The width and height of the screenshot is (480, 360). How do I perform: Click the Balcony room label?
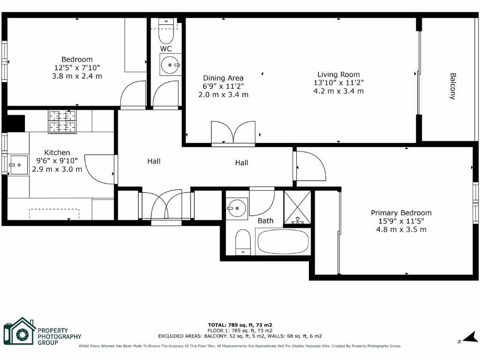pyautogui.click(x=453, y=86)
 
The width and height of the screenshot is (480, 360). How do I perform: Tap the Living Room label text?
pyautogui.click(x=338, y=74)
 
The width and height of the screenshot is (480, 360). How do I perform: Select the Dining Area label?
pyautogui.click(x=223, y=78)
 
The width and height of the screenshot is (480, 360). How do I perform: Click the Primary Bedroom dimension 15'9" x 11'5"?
pyautogui.click(x=401, y=221)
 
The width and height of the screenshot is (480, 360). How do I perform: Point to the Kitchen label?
pyautogui.click(x=57, y=152)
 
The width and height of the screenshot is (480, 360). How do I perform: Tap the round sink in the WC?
pyautogui.click(x=170, y=65)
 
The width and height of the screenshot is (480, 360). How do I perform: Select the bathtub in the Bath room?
pyautogui.click(x=283, y=242)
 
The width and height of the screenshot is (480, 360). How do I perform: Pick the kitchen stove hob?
pyautogui.click(x=62, y=122)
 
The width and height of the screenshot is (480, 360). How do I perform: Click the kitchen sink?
pyautogui.click(x=19, y=165)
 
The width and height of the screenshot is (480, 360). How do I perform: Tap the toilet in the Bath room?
pyautogui.click(x=243, y=242)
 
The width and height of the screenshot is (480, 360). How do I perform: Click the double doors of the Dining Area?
pyautogui.click(x=233, y=132)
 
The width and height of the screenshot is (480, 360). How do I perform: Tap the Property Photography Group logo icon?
pyautogui.click(x=19, y=332)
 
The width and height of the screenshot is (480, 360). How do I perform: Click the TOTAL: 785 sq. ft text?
pyautogui.click(x=240, y=325)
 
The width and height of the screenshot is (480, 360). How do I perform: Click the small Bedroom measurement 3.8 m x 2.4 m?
pyautogui.click(x=77, y=76)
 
